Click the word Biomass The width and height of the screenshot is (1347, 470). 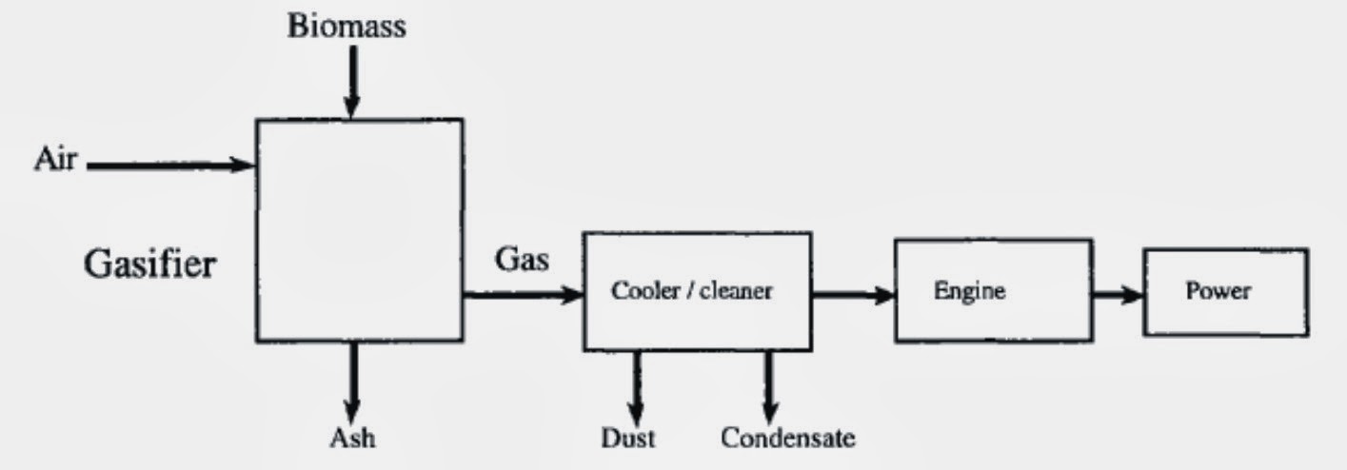347,27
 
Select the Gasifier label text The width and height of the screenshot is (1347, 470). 149,264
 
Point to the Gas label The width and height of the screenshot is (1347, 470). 521,260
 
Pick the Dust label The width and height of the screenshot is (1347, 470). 628,438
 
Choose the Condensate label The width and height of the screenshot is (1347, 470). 787,438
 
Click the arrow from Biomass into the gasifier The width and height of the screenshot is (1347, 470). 351,80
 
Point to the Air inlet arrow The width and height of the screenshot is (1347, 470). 171,166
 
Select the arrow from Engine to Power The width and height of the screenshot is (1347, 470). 1117,294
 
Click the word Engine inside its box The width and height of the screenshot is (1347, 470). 968,291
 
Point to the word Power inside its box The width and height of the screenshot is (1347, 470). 1218,291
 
